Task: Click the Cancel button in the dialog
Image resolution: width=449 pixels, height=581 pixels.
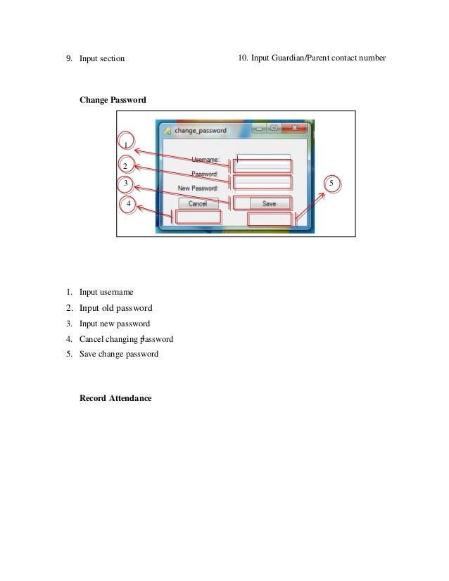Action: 198,203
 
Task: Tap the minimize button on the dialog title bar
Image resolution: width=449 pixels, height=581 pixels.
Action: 256,129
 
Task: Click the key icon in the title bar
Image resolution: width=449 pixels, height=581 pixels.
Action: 167,131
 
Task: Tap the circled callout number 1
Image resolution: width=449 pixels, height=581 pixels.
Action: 126,144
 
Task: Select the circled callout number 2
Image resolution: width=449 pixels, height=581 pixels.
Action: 125,166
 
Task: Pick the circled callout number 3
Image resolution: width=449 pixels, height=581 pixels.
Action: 125,184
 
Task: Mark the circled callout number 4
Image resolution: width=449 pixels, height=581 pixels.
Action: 128,204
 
